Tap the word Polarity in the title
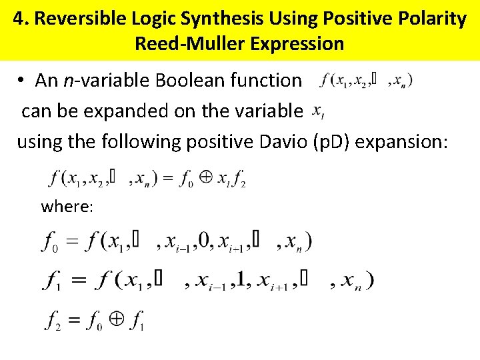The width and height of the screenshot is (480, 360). point(434,19)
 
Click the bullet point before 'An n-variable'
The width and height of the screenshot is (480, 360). point(22,81)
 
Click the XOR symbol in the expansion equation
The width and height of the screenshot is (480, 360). point(206,178)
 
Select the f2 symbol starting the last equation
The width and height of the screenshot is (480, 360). point(53,321)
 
